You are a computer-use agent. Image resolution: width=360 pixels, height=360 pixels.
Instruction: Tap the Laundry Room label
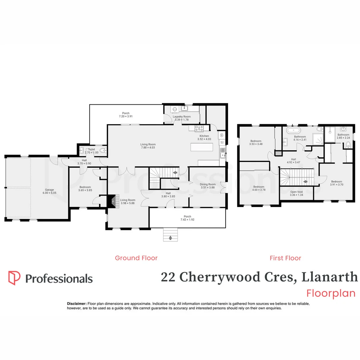pos(182,117)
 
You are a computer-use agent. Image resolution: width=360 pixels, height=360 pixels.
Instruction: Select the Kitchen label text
pos(204,136)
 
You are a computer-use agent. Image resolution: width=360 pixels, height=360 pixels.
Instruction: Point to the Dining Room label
pos(208,184)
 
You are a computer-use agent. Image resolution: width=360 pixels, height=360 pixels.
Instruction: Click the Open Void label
pos(296,192)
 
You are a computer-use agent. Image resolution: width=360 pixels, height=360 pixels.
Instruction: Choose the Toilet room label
pos(91,150)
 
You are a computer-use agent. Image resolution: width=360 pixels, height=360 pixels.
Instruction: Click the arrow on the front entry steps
pos(171,238)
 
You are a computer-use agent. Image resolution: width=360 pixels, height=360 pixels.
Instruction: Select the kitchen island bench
pos(201,148)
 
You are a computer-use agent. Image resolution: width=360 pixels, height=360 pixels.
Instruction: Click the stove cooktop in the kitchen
pos(199,128)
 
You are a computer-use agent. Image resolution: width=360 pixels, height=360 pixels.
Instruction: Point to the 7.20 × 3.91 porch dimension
pos(126,117)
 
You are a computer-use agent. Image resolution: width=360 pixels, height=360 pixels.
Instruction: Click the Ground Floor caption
pos(136,258)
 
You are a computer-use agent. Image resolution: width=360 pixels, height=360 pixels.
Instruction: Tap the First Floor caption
pos(285,258)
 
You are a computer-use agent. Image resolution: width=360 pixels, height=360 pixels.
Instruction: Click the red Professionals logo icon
pos(14,278)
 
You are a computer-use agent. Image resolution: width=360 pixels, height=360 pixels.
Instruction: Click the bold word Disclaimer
pos(77,304)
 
